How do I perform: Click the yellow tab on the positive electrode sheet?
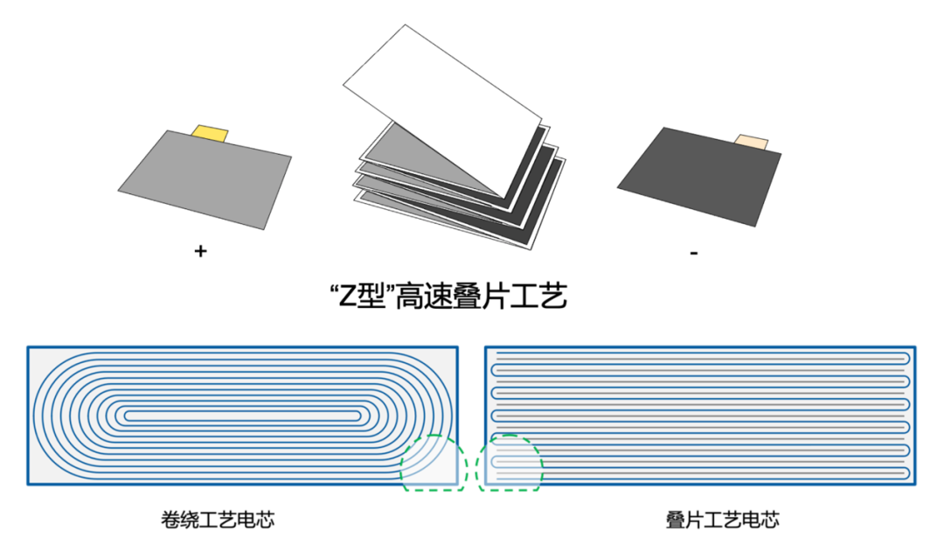click(211, 133)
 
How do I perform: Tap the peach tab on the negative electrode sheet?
click(752, 142)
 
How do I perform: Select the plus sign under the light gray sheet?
click(200, 252)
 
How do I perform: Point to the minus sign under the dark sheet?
click(693, 253)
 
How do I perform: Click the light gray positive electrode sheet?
click(206, 178)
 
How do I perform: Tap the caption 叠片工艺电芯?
click(722, 520)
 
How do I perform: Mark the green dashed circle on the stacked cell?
click(510, 461)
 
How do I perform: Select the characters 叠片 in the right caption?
click(684, 520)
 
